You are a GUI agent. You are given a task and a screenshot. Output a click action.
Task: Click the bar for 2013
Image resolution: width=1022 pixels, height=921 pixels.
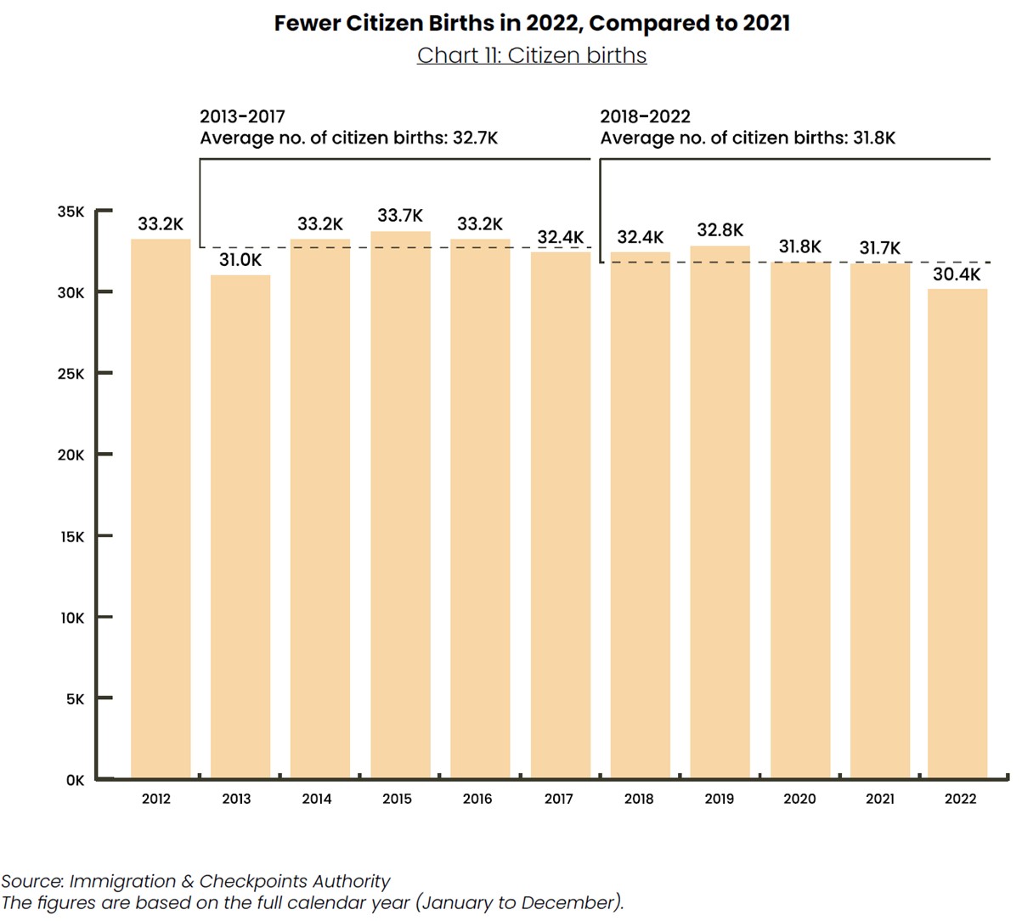click(x=240, y=526)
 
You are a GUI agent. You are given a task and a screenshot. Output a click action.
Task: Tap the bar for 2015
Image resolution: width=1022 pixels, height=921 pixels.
click(x=400, y=505)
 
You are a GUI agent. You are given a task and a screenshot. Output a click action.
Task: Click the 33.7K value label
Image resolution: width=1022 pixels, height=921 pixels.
click(x=400, y=216)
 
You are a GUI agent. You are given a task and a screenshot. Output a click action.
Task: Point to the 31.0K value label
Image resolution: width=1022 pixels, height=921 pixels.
click(x=240, y=260)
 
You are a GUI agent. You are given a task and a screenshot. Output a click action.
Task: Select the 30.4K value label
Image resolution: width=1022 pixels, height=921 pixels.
click(x=957, y=274)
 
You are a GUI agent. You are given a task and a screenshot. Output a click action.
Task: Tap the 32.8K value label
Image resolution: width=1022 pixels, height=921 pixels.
click(x=720, y=230)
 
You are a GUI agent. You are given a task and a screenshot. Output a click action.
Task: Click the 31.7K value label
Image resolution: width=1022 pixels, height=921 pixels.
click(x=880, y=248)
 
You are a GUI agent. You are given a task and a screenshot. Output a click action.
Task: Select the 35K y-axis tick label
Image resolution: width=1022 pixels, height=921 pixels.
click(x=71, y=212)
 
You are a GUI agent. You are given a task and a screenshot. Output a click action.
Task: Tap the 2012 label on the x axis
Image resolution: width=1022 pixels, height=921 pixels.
click(x=156, y=799)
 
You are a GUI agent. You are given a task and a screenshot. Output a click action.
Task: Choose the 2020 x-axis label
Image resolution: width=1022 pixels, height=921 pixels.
click(x=799, y=799)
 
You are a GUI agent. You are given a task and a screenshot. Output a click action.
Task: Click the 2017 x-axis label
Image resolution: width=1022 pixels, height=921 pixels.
click(x=558, y=799)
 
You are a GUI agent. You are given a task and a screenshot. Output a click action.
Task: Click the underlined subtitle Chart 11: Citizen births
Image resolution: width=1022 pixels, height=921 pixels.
click(x=532, y=55)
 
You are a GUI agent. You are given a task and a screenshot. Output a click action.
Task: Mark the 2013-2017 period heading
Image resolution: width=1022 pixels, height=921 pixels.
click(x=242, y=116)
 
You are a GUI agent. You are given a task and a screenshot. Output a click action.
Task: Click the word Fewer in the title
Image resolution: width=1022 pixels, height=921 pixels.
click(x=307, y=23)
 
